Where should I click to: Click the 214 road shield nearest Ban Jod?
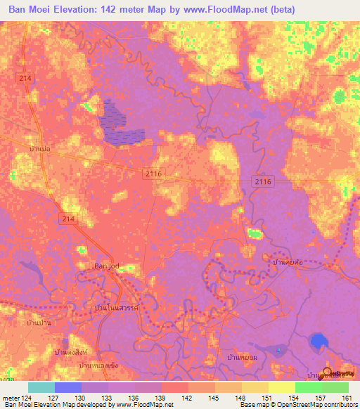coord(69,220)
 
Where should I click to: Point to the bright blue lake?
coord(318,342)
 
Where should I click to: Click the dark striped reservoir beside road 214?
coord(120,123)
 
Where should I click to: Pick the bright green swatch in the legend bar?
coord(308,387)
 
